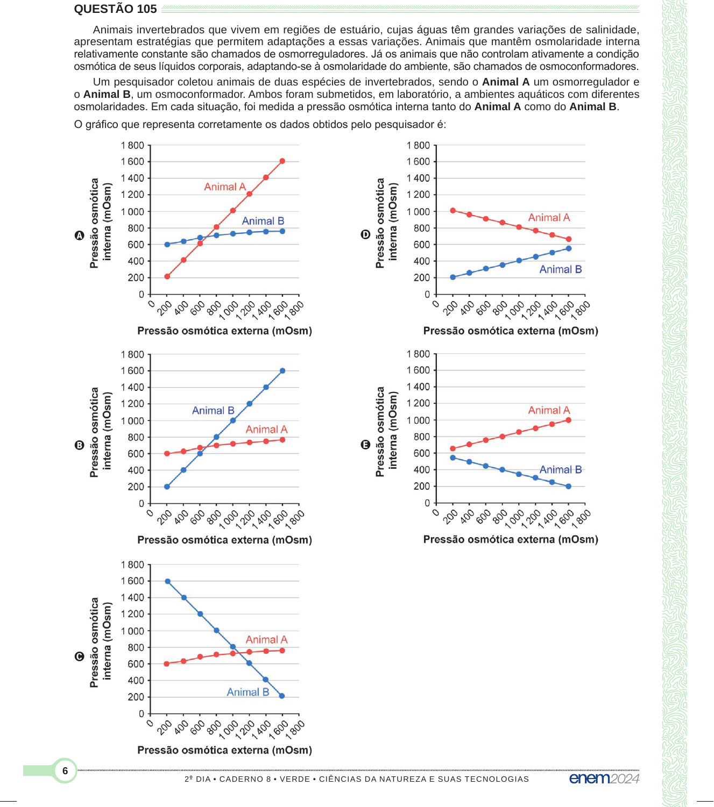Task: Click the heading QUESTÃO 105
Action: pos(115,9)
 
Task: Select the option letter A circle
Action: pos(79,235)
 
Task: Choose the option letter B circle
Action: pos(79,445)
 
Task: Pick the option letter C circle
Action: pos(79,656)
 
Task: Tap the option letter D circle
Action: pos(365,234)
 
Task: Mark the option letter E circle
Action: pos(365,445)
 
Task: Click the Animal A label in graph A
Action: pos(225,187)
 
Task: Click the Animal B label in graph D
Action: pos(561,269)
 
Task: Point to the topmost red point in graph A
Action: pos(282,161)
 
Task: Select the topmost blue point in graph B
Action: pos(282,370)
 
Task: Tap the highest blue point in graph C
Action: pos(167,581)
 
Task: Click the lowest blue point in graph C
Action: pos(282,696)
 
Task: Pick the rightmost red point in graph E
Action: pos(569,420)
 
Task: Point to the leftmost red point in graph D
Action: pos(453,210)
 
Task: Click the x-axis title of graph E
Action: pos(511,539)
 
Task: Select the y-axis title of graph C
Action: pos(100,642)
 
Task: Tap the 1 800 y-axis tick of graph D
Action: pos(418,145)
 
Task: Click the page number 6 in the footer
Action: pos(65,770)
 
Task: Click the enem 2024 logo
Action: pos(604,778)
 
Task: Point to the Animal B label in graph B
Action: pos(213,410)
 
